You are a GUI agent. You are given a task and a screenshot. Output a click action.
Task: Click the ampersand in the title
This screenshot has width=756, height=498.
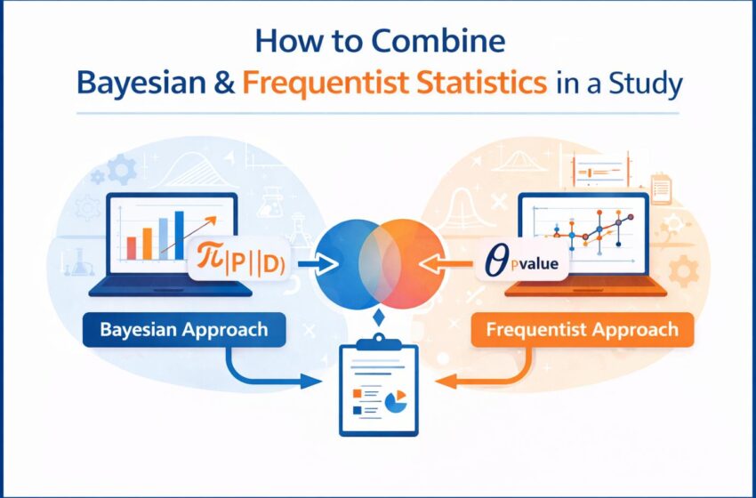click(x=222, y=83)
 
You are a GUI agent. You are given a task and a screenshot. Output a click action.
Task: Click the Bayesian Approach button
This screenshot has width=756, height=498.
click(x=184, y=330)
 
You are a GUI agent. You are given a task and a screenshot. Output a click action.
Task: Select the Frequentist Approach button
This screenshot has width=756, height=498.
click(x=583, y=330)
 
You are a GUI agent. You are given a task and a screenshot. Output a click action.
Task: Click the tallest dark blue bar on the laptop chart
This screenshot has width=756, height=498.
click(x=179, y=235)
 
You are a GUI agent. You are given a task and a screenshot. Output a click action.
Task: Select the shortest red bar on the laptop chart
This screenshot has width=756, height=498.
click(x=131, y=248)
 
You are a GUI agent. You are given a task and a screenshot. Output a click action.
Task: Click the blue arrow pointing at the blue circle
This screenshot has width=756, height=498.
click(x=318, y=264)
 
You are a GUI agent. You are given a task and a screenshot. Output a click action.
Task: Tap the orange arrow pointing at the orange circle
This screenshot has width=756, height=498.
click(x=445, y=264)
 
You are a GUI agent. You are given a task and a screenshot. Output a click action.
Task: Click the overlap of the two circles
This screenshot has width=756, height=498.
click(x=380, y=264)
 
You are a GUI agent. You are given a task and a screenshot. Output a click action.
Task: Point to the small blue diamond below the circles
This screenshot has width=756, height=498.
click(x=379, y=317)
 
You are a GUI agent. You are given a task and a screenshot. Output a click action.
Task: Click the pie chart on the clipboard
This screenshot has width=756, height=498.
click(x=397, y=402)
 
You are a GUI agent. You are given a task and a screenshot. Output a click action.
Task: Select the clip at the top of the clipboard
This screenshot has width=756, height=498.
click(x=379, y=342)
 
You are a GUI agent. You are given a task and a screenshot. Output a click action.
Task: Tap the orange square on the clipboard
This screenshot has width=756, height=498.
click(x=358, y=394)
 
